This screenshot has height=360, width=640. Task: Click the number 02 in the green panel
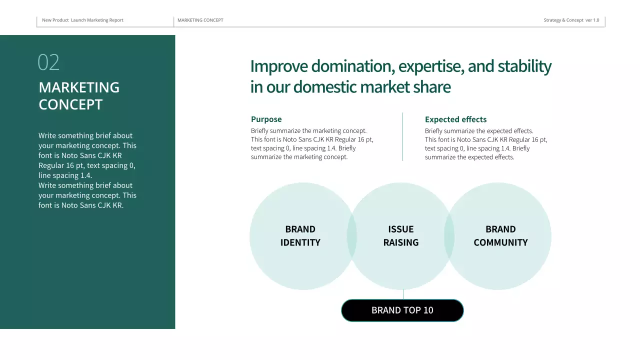pyautogui.click(x=48, y=62)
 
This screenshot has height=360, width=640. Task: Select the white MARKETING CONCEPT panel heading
pyautogui.click(x=79, y=95)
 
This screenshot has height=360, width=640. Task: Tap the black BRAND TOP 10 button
pyautogui.click(x=402, y=310)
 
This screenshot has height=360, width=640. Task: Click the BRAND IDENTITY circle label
pyautogui.click(x=300, y=236)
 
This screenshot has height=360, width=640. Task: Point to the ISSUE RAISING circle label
pyautogui.click(x=401, y=236)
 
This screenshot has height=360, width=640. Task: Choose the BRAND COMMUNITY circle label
pyautogui.click(x=500, y=236)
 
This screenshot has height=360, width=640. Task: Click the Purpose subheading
pyautogui.click(x=266, y=119)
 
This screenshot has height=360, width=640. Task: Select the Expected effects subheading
pyautogui.click(x=455, y=119)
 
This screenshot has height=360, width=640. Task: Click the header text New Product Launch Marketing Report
pyautogui.click(x=82, y=20)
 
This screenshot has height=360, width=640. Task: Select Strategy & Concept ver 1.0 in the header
pyautogui.click(x=571, y=20)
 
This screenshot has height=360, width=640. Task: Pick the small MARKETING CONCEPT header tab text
pyautogui.click(x=200, y=20)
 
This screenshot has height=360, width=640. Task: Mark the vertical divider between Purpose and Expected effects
pyautogui.click(x=402, y=136)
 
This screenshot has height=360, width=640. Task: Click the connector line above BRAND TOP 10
pyautogui.click(x=403, y=294)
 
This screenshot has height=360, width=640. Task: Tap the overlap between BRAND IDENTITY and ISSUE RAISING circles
pyautogui.click(x=352, y=236)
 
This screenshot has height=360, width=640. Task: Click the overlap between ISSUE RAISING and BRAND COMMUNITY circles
pyautogui.click(x=449, y=236)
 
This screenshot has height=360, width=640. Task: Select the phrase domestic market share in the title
pyautogui.click(x=371, y=87)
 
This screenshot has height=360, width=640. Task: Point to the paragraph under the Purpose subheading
pyautogui.click(x=312, y=144)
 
